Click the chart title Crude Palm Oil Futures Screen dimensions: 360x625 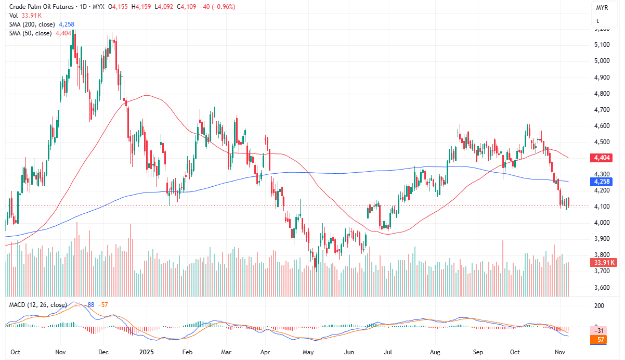pyautogui.click(x=40, y=7)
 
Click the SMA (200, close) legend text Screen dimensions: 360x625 pyautogui.click(x=33, y=24)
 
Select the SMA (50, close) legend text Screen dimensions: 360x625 pyautogui.click(x=31, y=33)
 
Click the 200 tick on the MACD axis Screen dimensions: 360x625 pyautogui.click(x=600, y=306)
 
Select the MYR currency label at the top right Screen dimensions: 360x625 pyautogui.click(x=602, y=9)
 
